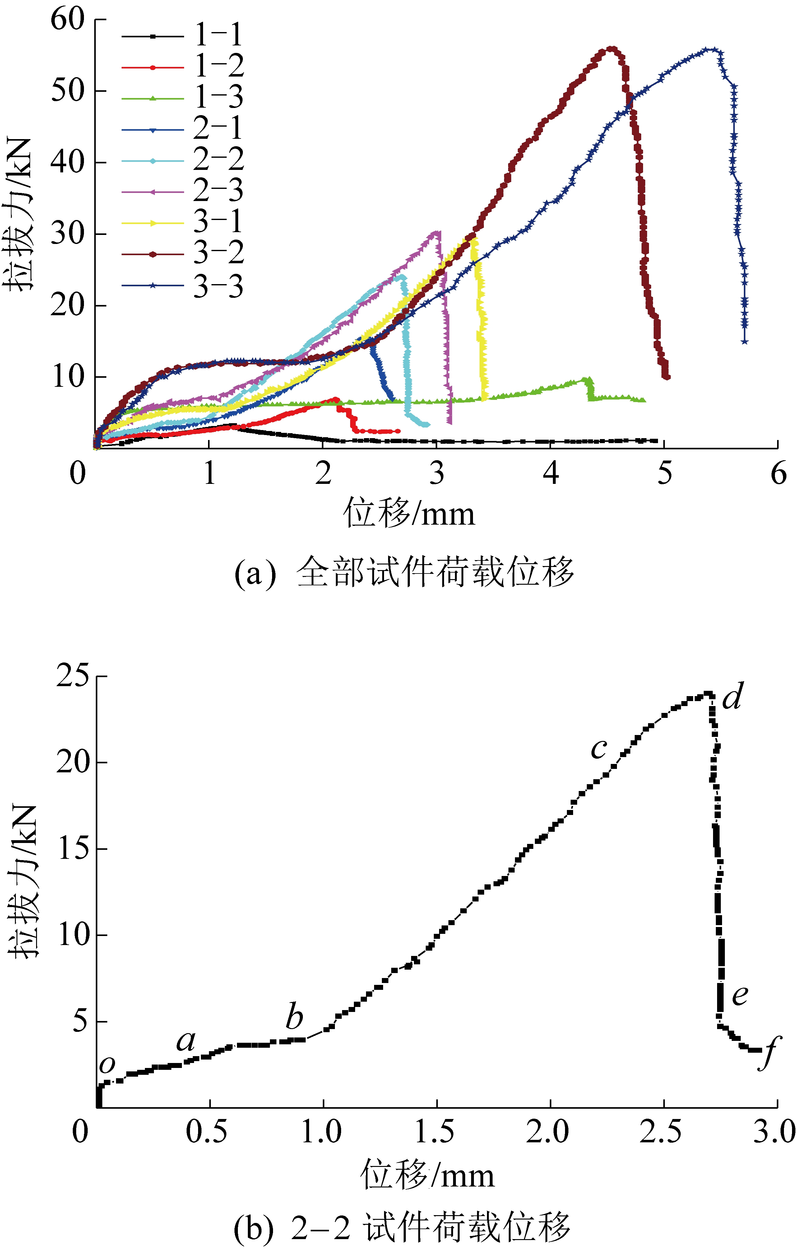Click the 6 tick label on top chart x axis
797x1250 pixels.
(778, 473)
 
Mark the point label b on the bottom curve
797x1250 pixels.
(294, 1016)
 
